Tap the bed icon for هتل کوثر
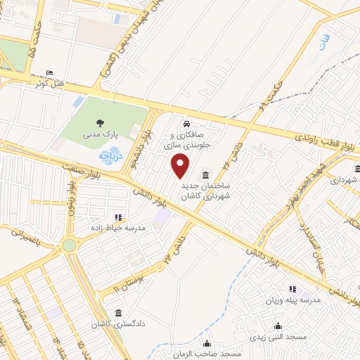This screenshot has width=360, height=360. (49, 73)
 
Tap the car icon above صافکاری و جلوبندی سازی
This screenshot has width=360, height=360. (186, 123)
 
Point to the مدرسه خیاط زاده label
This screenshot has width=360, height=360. (118, 228)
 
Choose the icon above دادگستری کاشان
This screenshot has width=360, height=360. (117, 312)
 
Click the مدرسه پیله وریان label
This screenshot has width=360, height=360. (292, 300)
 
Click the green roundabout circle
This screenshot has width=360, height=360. (69, 245)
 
